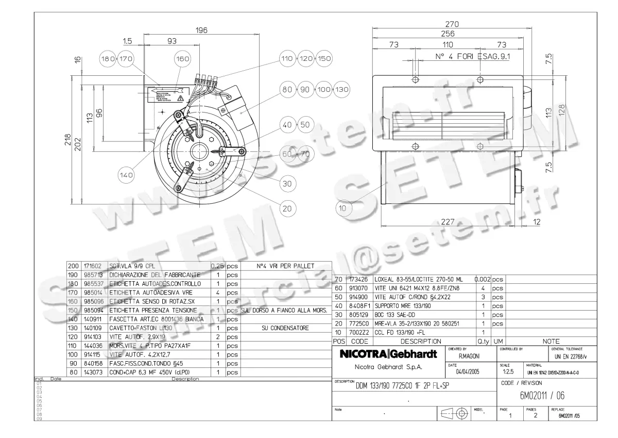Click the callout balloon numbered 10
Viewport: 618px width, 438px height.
coord(343,208)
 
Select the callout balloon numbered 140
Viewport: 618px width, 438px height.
coord(127,175)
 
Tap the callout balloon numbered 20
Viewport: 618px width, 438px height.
coord(287,208)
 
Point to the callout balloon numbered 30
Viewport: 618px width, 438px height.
coord(287,183)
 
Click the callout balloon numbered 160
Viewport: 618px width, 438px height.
coord(183,59)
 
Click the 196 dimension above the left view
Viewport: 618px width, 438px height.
coord(201,30)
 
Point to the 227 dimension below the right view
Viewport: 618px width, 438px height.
coord(448,222)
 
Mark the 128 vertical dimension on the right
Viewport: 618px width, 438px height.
coord(561,110)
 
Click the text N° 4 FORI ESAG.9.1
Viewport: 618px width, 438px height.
coord(472,57)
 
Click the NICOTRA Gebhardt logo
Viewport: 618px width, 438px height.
coord(389,354)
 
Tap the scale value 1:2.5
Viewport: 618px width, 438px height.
coord(508,372)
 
